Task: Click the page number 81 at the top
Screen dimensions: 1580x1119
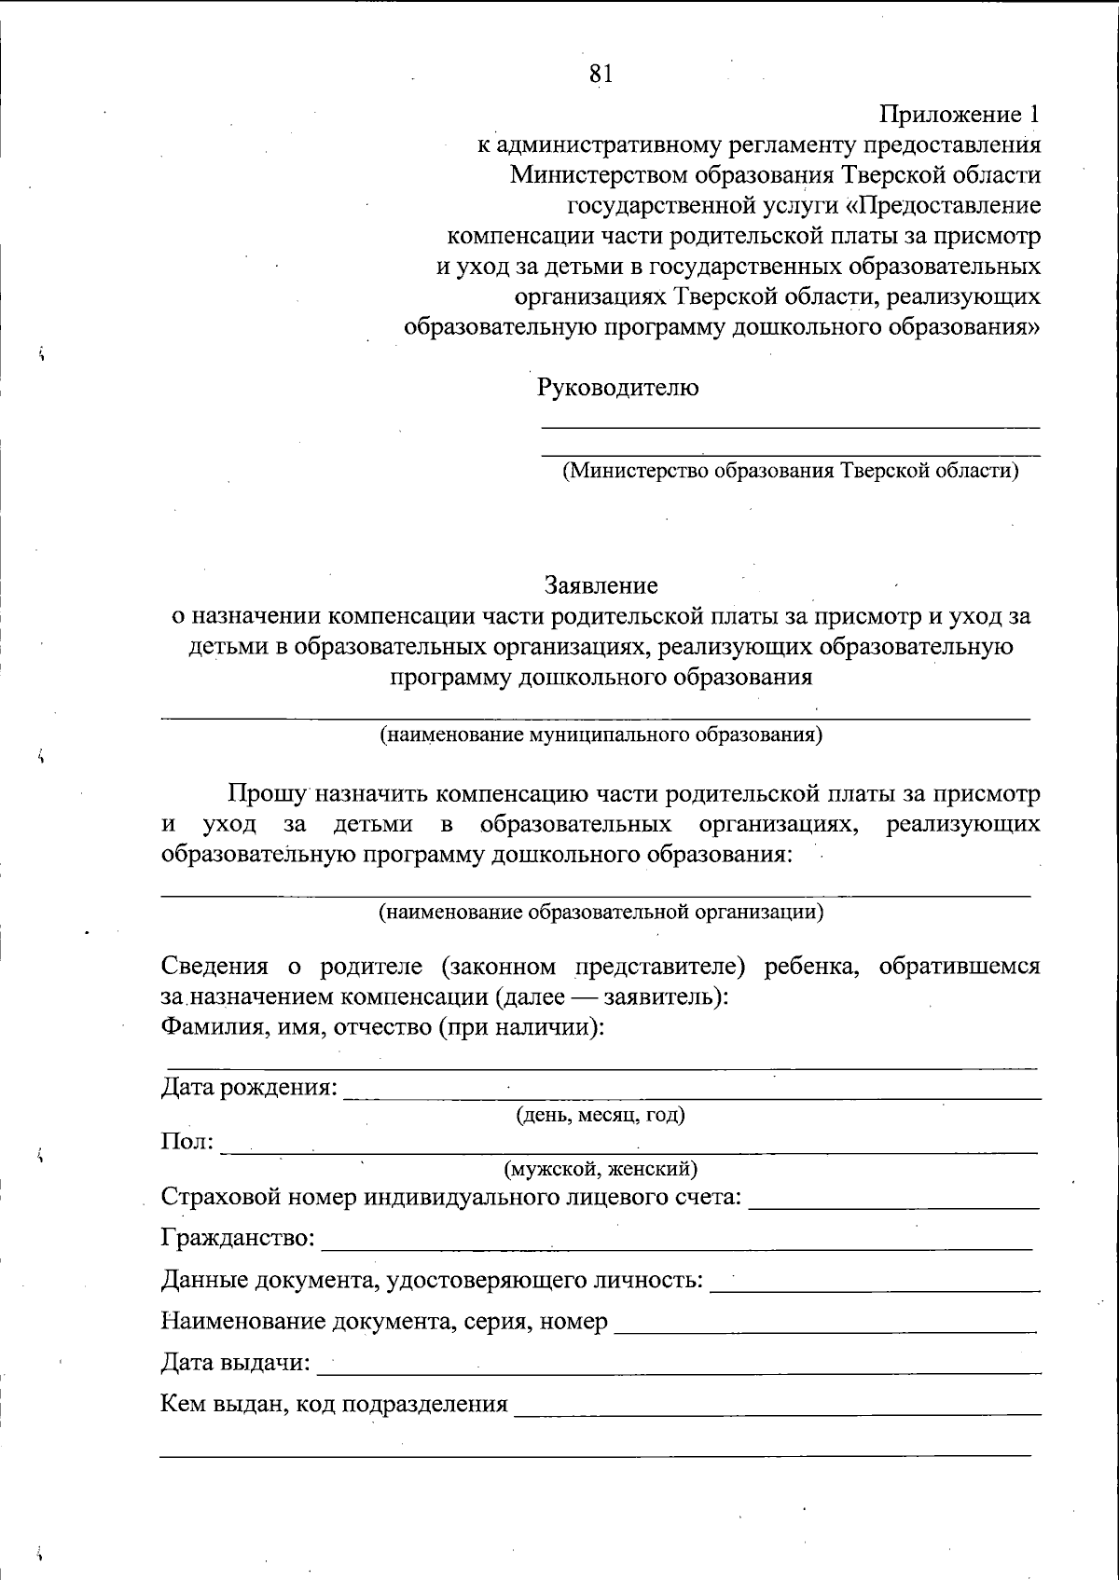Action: tap(601, 74)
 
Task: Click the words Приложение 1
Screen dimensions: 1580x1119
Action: tap(960, 115)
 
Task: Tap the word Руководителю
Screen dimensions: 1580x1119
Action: tap(617, 387)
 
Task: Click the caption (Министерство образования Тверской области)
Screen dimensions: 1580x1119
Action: tap(789, 470)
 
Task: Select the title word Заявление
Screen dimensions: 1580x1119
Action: tap(601, 585)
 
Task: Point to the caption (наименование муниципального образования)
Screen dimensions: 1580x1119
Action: tap(601, 735)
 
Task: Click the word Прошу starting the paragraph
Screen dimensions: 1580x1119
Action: tap(269, 794)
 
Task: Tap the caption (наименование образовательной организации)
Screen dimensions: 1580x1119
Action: tap(601, 911)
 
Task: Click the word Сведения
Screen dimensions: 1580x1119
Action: tap(214, 966)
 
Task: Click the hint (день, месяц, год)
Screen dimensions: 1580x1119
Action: tap(601, 1115)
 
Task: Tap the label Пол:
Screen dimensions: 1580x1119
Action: tap(187, 1142)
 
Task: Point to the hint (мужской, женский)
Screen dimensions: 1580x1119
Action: tap(601, 1168)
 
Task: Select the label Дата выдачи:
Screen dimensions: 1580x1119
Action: tap(236, 1363)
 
